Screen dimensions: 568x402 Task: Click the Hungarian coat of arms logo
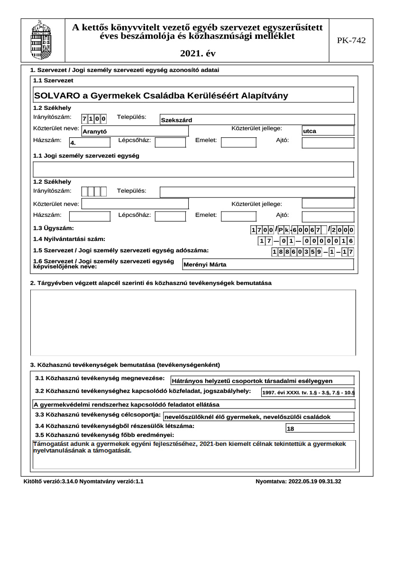coord(41,40)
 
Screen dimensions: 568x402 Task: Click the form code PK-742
coord(351,41)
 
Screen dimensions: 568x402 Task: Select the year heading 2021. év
coord(197,54)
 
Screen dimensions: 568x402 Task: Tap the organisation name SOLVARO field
coord(193,95)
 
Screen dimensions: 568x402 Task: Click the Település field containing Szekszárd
coord(257,120)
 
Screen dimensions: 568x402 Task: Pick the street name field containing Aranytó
coord(135,131)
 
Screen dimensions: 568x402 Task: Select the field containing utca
coord(328,131)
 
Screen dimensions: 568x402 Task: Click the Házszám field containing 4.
coord(90,142)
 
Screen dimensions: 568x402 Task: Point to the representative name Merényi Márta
coord(268,265)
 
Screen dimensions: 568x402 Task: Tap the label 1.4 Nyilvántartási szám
coord(69,239)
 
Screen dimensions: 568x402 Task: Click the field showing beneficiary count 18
coord(320,429)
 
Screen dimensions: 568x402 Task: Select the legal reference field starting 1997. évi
coord(308,392)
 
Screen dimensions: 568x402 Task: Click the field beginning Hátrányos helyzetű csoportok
coord(262,381)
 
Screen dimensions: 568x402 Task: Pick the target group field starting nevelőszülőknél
coord(258,417)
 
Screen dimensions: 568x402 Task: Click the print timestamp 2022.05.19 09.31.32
coord(298,482)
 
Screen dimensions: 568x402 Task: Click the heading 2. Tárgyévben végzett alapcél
coord(151,283)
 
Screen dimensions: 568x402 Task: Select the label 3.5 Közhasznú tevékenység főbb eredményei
coord(105,435)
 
